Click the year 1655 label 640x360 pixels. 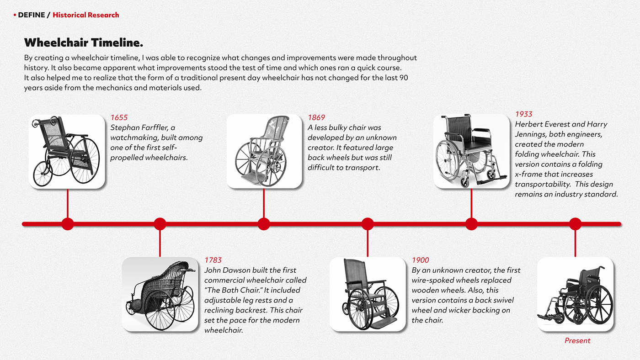(x=119, y=118)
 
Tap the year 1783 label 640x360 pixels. (x=213, y=260)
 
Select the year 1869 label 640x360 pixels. (x=316, y=118)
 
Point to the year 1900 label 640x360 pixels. (x=421, y=260)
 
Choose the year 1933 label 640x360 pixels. (x=524, y=114)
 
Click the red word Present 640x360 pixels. (x=577, y=341)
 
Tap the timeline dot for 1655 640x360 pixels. (x=68, y=224)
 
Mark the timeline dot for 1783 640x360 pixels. (x=160, y=224)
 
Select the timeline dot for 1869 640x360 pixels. (x=264, y=224)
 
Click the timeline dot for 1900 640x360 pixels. (x=368, y=224)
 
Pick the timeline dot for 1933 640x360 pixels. (x=471, y=224)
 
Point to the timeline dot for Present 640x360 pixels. (x=575, y=224)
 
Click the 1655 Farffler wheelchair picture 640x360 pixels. (x=67, y=151)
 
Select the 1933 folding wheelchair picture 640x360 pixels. (x=471, y=151)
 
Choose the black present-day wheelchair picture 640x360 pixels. (x=575, y=294)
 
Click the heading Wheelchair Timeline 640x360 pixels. (x=84, y=43)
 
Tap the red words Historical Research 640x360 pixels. (x=86, y=15)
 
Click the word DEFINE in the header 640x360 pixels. (x=32, y=15)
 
